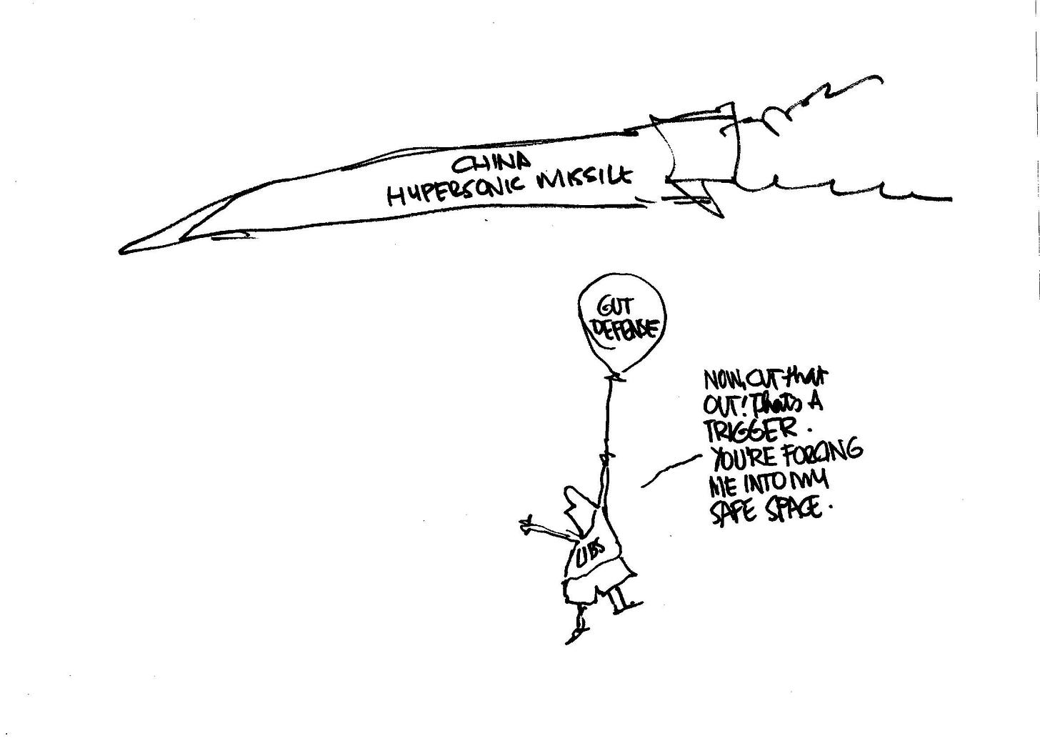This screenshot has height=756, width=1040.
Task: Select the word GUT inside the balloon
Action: click(x=616, y=308)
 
